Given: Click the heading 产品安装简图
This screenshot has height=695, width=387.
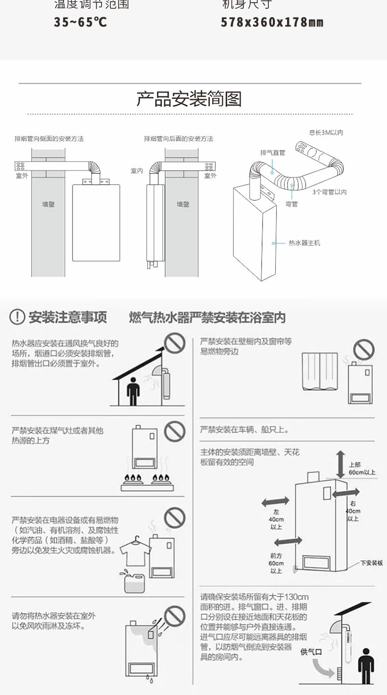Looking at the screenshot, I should coord(189,99).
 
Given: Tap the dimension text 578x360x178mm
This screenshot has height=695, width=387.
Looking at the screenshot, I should coord(272,23).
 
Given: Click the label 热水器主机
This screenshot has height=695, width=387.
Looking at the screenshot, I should coord(304,243).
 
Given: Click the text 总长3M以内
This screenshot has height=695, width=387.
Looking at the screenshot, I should coord(326,132).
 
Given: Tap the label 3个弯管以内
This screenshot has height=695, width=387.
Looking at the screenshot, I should coord(329,192).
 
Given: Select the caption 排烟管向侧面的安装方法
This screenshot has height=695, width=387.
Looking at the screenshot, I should coord(49,139).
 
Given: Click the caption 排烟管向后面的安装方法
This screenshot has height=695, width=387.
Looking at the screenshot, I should coord(178,139).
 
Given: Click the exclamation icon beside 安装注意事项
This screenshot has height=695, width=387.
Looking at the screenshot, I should coord(18,317).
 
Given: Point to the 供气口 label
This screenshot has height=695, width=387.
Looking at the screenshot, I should coord(311,651).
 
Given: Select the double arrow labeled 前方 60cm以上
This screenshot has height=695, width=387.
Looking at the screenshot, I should coord(288,541).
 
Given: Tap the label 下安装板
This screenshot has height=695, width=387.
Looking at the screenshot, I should coord(371,563).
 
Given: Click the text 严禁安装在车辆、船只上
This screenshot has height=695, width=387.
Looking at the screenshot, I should coord(244,430).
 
